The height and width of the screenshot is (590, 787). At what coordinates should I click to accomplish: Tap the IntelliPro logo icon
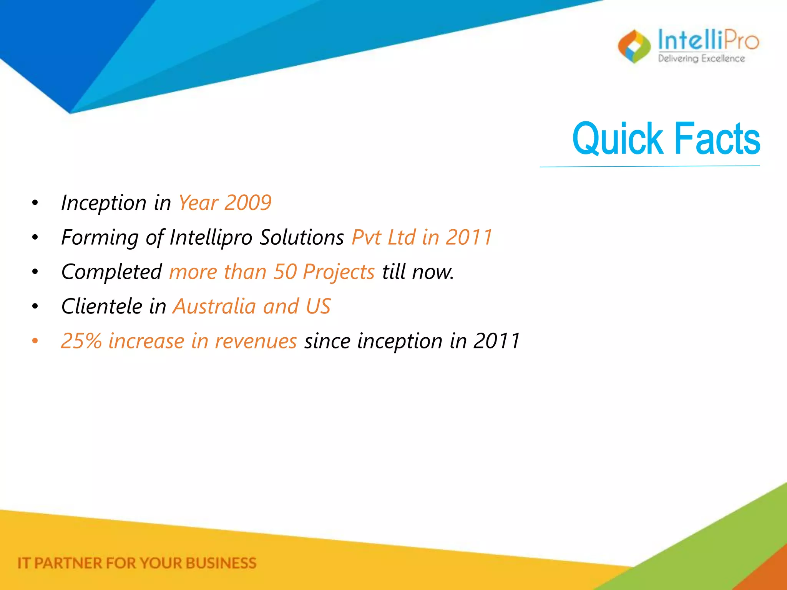pos(634,46)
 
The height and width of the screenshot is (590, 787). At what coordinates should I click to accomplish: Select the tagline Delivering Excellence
pos(701,58)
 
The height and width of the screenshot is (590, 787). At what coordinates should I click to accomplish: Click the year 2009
pos(248,203)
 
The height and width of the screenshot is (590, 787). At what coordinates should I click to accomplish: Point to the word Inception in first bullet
pos(104,203)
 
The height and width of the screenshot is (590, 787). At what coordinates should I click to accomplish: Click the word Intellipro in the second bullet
pos(211,237)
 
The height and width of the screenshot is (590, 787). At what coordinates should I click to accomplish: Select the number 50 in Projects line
pos(285,272)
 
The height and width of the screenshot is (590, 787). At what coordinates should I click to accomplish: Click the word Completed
pos(111,272)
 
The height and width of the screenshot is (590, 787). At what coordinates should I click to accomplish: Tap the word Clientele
pos(102,307)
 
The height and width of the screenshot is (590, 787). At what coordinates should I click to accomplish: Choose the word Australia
pos(214,307)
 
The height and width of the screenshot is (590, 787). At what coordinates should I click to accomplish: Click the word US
pos(318,307)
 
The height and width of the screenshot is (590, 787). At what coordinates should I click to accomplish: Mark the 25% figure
pos(81,341)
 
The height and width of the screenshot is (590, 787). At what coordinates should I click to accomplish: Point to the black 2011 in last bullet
pos(496,341)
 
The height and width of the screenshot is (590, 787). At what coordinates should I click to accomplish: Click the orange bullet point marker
pos(35,341)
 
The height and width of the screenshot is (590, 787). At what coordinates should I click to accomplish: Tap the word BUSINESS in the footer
pos(221,563)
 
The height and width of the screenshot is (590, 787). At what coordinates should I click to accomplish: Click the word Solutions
pos(302,237)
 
